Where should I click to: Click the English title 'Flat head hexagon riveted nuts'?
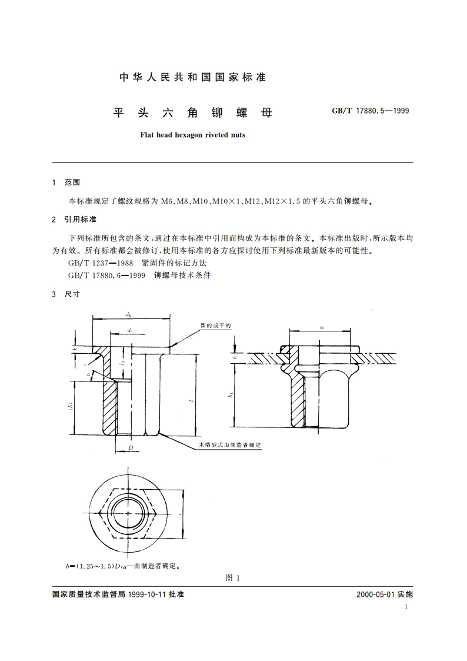[192, 134]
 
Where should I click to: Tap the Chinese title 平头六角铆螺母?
[192, 112]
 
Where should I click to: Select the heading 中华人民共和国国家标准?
[192, 77]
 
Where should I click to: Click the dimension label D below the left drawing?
[131, 448]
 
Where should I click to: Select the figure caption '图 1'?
[233, 577]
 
